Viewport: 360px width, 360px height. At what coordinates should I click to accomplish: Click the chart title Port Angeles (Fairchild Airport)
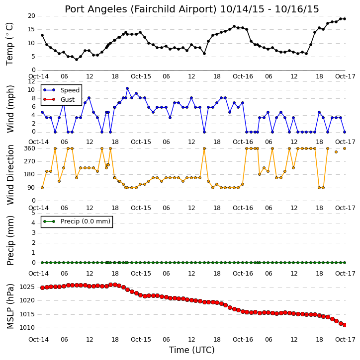tap(141, 9)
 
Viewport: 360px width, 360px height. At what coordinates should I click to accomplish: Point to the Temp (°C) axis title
tap(9, 44)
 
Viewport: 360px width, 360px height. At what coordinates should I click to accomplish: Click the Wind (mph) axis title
tap(10, 109)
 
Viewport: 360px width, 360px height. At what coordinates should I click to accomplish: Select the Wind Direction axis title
tap(10, 175)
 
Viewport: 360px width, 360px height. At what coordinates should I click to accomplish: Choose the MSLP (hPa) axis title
tap(10, 306)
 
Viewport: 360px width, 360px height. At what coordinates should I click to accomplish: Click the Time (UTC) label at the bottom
tap(192, 350)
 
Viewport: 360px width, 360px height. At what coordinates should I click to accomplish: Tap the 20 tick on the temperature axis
tap(31, 16)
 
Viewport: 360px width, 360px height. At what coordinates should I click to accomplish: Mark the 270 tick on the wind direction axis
tap(30, 161)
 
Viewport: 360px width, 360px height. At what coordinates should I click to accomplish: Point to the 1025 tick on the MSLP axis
tap(27, 287)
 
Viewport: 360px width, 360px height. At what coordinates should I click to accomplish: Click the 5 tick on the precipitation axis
tap(33, 213)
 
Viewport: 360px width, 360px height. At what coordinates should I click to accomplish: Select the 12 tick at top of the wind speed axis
tap(31, 81)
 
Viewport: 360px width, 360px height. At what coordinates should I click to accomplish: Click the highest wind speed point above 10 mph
tap(127, 88)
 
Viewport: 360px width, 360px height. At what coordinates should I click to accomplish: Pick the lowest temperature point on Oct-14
tap(77, 60)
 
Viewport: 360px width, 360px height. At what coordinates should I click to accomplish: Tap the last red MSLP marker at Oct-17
tap(345, 325)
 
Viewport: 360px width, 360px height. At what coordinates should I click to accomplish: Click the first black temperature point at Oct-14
tap(42, 35)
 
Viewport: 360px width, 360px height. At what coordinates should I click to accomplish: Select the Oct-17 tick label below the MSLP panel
tap(345, 339)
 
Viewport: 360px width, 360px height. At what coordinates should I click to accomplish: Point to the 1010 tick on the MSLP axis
tap(27, 328)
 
